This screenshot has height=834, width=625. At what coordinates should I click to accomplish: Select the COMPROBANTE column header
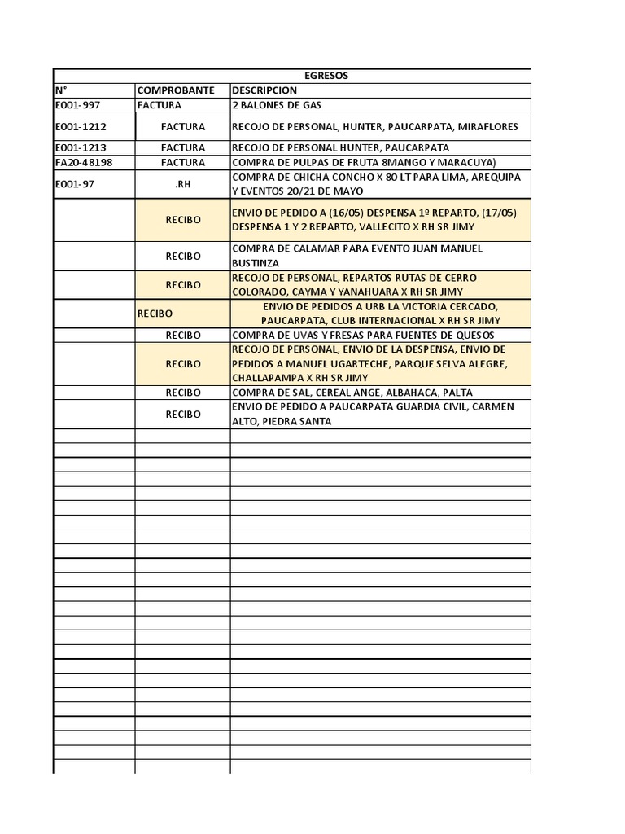[176, 90]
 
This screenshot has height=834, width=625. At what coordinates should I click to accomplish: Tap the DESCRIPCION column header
[265, 90]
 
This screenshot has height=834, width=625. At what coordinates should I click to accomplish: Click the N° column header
[61, 90]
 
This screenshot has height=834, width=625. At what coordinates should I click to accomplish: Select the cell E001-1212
[80, 127]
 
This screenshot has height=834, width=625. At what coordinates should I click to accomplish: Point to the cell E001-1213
[80, 148]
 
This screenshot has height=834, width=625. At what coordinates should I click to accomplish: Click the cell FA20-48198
[84, 163]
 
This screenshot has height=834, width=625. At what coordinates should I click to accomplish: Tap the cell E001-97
[75, 184]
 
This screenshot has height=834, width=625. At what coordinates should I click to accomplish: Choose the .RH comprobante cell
[182, 184]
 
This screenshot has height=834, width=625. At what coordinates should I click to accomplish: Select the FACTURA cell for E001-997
[160, 105]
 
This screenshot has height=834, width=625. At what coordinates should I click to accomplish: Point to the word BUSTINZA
[256, 263]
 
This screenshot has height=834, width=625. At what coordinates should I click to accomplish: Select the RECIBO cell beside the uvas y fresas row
[182, 335]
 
